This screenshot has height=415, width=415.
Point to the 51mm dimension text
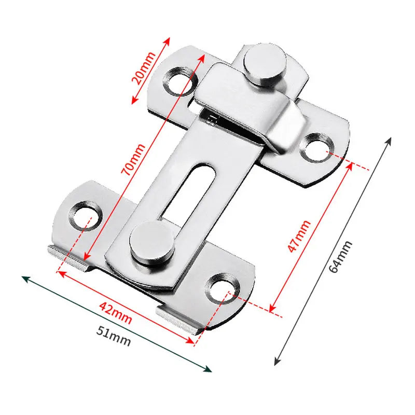click(x=114, y=338)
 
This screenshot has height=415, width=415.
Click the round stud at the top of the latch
click(x=266, y=65)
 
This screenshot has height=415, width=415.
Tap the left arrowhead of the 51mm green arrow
click(x=25, y=279)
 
